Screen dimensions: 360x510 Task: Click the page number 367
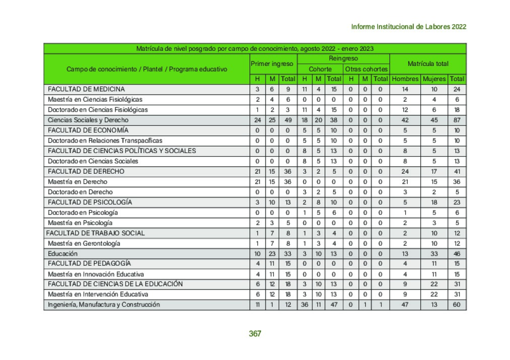coord(255,333)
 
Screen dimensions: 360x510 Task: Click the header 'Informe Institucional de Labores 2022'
coord(408,27)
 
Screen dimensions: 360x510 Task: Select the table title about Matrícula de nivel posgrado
coord(254,49)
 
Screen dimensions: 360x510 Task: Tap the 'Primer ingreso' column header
coord(272,64)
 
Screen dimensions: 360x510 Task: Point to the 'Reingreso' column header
coord(343,59)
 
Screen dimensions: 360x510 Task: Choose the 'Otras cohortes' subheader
coord(366,69)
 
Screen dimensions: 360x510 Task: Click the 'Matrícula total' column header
coord(428,64)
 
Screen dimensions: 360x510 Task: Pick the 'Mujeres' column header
coord(434,79)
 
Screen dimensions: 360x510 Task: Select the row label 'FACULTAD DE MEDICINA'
coord(86,89)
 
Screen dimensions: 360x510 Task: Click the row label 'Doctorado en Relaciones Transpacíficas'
coord(105,140)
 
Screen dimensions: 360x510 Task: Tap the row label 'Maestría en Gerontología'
coord(84,243)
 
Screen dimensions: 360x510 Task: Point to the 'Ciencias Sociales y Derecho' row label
coord(88,120)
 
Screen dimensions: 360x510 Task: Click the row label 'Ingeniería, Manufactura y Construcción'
coord(104,305)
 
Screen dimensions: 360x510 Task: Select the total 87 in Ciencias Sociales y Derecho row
coord(457,120)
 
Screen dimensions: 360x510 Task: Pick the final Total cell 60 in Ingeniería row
coord(457,305)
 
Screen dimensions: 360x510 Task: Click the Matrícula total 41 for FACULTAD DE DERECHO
coord(457,171)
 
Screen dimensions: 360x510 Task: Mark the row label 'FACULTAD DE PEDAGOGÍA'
coord(89,263)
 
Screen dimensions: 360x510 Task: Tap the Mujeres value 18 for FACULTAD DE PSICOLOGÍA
coord(434,202)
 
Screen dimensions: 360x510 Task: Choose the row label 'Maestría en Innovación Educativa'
coord(96,274)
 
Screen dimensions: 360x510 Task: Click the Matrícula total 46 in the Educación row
coord(457,253)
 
